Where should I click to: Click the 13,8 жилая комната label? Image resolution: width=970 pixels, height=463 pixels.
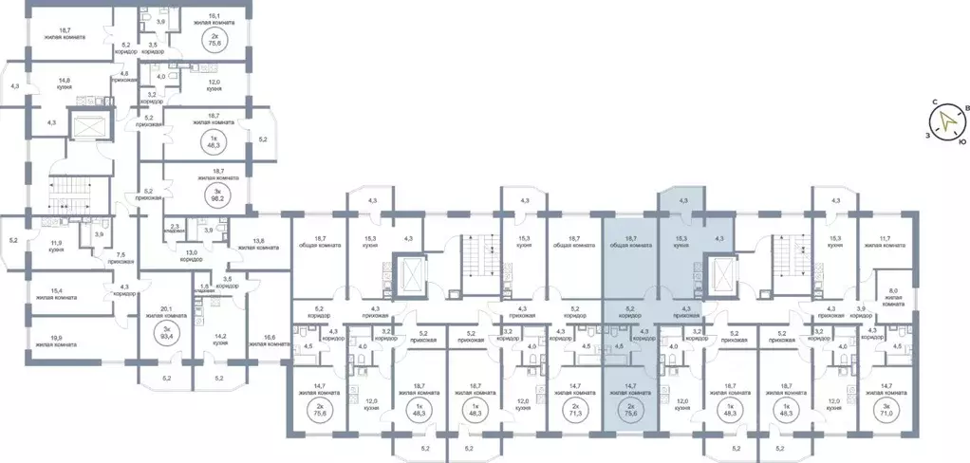click(x=265, y=244)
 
